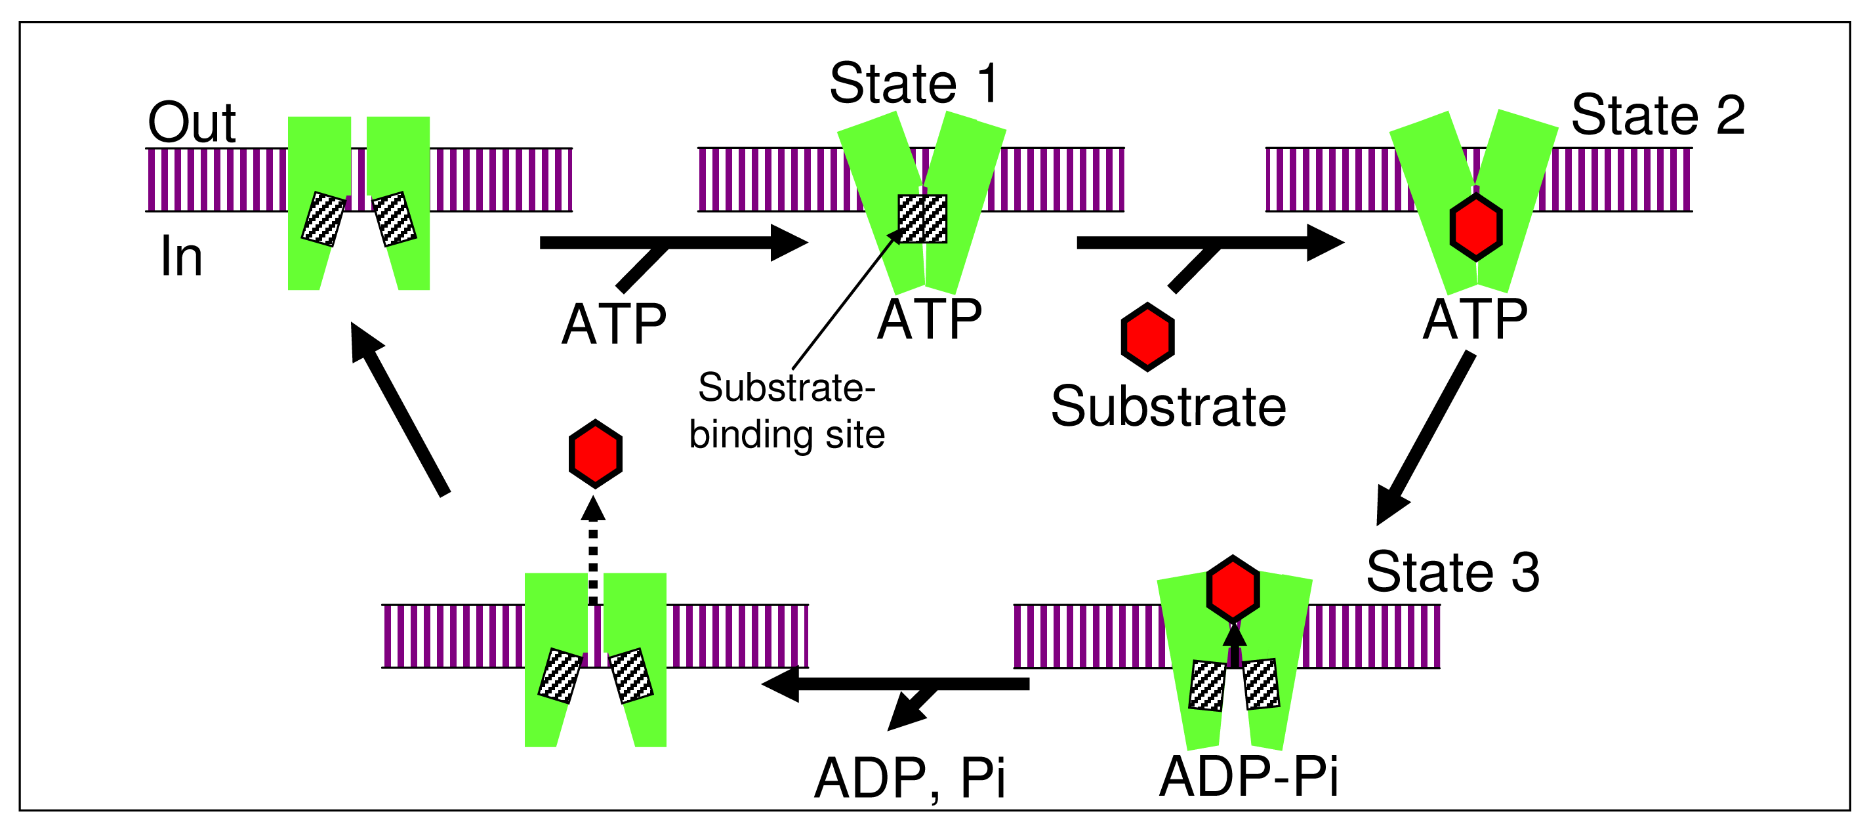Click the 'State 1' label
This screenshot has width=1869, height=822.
tap(914, 83)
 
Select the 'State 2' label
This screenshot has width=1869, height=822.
tap(1657, 115)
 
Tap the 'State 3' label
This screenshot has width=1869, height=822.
tap(1452, 571)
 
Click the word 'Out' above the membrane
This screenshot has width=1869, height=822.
tap(192, 122)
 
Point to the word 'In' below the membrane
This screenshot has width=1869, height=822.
tap(180, 256)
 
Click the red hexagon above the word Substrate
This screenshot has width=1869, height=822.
tap(1147, 337)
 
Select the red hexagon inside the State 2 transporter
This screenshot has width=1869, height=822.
tap(1476, 227)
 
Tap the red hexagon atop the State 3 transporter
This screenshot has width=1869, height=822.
tap(1233, 590)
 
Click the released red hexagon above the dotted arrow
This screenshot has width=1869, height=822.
tap(595, 453)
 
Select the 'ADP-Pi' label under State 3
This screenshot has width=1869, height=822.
tap(1248, 776)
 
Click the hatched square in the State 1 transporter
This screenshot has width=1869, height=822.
tap(922, 218)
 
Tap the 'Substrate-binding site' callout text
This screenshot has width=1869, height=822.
tap(787, 411)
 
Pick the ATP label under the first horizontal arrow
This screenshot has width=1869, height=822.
tap(614, 323)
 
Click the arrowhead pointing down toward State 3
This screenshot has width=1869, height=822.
tap(1391, 506)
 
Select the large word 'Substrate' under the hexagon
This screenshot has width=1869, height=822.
tap(1168, 406)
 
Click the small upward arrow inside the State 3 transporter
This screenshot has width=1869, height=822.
tap(1234, 642)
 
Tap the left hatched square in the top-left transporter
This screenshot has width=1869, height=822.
tap(323, 219)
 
